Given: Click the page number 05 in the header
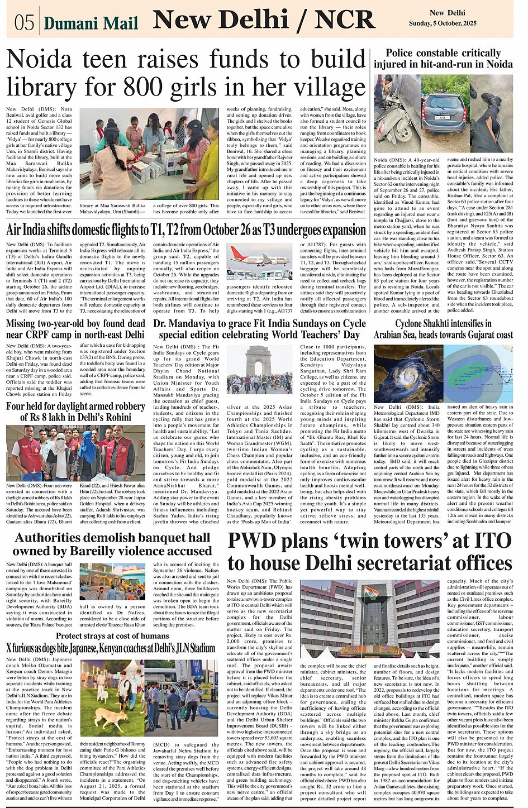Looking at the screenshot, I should (x=25, y=22).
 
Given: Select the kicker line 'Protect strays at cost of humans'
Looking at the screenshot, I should (x=112, y=636).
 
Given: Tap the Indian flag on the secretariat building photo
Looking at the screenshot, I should (x=372, y=591).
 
